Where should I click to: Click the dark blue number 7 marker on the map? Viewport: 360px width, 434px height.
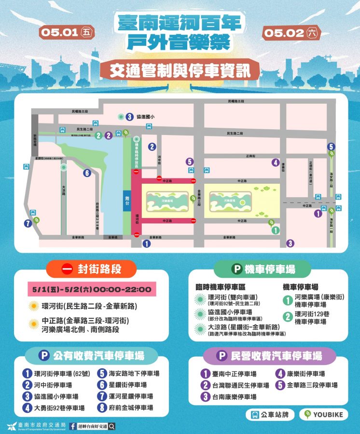tap(28, 223)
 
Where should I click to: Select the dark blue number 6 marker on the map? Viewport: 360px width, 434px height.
tap(87, 173)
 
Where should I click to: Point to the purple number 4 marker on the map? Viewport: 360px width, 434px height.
tap(275, 163)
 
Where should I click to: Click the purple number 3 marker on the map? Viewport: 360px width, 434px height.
tap(290, 244)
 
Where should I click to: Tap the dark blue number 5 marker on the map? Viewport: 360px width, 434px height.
tap(331, 147)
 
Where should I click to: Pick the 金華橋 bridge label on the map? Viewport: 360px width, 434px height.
tap(112, 237)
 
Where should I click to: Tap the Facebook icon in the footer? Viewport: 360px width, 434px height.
tap(72, 426)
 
